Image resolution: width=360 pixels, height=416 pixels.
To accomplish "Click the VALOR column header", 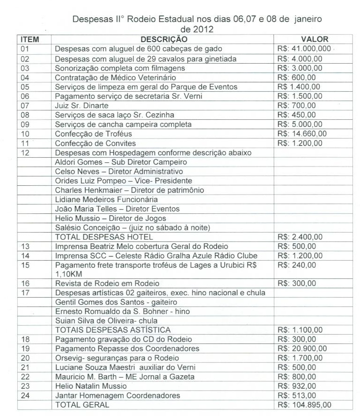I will tap(314, 39).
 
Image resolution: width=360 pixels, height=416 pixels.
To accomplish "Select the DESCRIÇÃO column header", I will tap(164, 39).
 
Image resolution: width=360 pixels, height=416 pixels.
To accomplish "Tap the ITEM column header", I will tap(30, 39).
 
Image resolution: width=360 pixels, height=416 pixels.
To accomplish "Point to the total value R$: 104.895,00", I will tap(304, 405).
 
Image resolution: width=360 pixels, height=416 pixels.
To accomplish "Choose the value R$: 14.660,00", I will tap(302, 134).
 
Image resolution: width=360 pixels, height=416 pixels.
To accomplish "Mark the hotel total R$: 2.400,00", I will tap(300, 237).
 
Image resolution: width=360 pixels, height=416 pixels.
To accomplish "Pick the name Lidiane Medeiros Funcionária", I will tap(106, 199).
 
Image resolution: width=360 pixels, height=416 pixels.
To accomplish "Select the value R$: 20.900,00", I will tap(302, 348).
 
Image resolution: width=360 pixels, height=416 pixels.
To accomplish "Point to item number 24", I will tap(25, 395).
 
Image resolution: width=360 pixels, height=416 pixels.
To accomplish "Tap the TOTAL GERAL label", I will tap(82, 405).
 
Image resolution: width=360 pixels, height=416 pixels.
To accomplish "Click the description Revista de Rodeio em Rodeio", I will tap(107, 283).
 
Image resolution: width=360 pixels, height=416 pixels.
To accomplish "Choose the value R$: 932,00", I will tap(297, 386).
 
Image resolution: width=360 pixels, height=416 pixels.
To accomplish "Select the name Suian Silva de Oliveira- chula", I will tap(106, 321).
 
